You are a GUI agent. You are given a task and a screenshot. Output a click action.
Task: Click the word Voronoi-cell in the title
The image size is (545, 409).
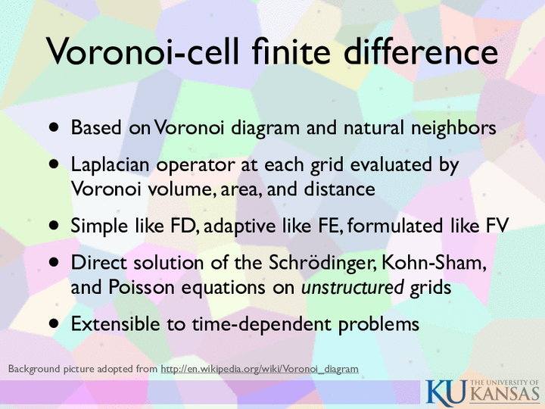tap(143, 51)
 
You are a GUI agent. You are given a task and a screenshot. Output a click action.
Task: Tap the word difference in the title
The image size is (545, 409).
tap(421, 51)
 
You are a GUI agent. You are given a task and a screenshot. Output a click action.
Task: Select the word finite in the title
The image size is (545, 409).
tap(291, 51)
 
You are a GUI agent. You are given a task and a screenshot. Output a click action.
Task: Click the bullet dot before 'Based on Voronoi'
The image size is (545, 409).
tap(54, 127)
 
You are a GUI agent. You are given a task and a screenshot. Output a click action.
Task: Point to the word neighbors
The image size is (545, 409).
tap(453, 128)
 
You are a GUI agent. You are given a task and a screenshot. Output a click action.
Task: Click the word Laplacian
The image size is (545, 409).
tap(110, 165)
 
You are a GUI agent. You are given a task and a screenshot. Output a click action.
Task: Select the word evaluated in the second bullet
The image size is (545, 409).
tap(391, 164)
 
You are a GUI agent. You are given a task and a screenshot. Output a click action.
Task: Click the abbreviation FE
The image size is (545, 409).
tap(330, 226)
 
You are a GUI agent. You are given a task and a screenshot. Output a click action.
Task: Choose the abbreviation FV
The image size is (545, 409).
tap(497, 226)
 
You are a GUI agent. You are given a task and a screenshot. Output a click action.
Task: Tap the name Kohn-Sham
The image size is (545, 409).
tap(434, 263)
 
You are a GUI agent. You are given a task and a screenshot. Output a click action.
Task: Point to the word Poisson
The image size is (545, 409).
tap(141, 287)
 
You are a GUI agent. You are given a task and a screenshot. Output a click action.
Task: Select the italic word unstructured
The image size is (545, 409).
tap(352, 287)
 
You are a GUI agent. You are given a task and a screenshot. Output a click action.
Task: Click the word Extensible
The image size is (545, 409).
tap(115, 324)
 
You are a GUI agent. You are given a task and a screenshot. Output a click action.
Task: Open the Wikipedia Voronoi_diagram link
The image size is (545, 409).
tap(260, 369)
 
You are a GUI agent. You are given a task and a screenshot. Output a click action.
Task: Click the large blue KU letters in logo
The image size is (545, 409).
tap(447, 392)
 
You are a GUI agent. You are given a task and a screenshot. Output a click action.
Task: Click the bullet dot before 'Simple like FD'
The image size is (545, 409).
tap(54, 226)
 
